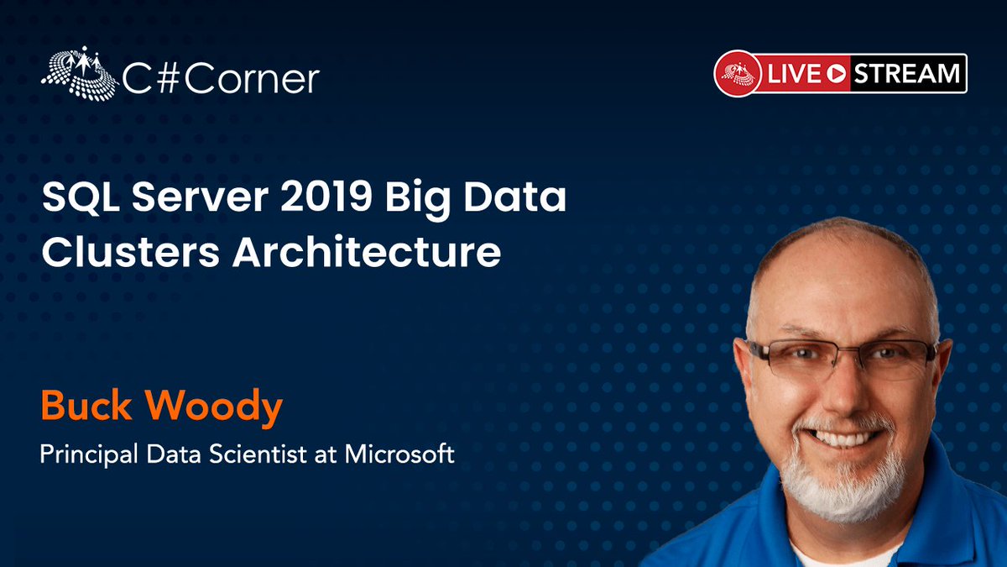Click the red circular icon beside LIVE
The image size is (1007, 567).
coord(738,73)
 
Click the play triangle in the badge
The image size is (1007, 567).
coord(835,74)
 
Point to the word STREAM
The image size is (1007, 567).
coord(907,74)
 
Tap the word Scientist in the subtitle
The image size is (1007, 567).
coord(266,454)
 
